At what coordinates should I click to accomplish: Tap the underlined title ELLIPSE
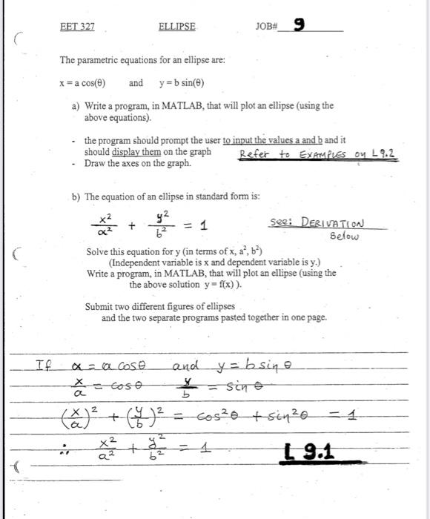[177, 27]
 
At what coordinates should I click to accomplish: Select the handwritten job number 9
[299, 24]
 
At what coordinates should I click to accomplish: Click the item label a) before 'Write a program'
[76, 107]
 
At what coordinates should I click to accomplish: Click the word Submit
[98, 307]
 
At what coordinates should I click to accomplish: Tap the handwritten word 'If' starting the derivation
[44, 366]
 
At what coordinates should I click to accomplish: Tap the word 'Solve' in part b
[99, 252]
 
